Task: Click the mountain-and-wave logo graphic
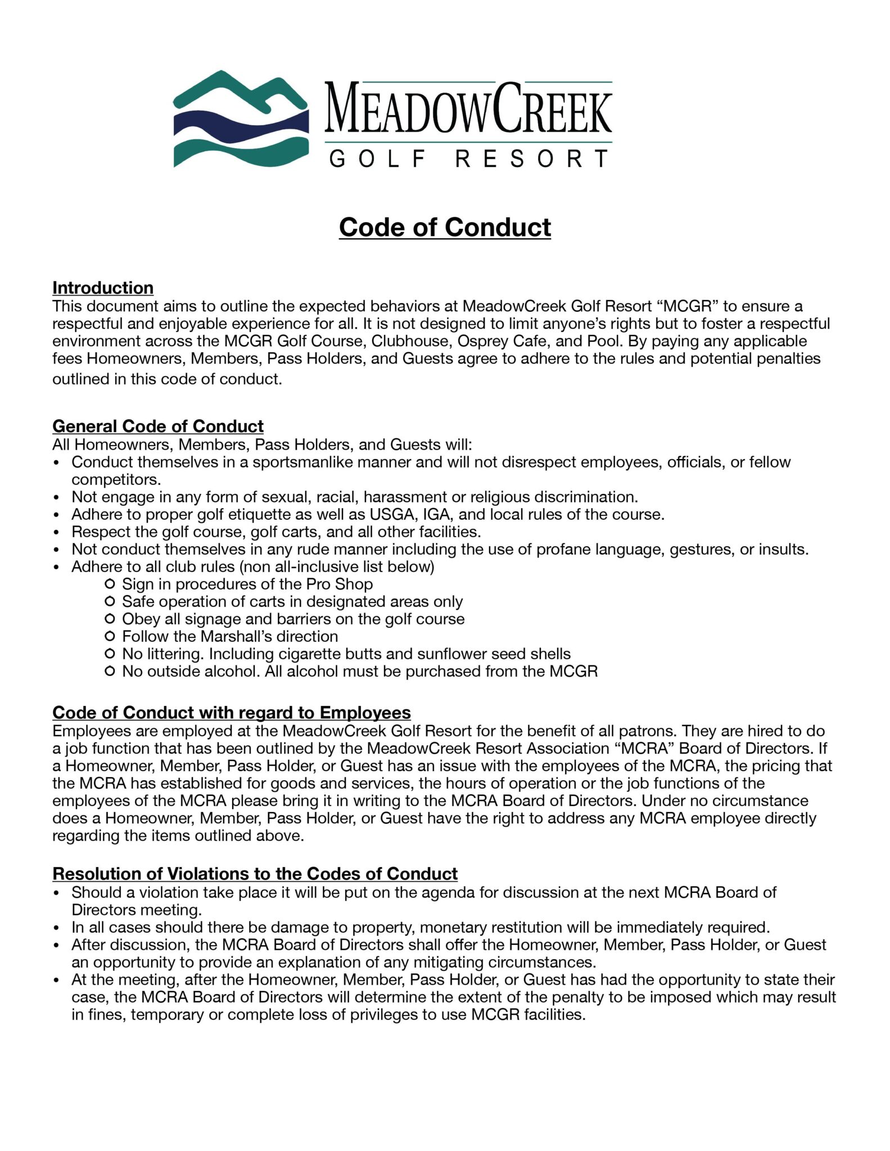[241, 119]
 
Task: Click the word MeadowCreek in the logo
[468, 108]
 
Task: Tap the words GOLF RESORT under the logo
[468, 159]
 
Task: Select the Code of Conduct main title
[445, 228]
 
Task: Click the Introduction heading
[103, 288]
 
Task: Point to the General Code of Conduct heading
[158, 426]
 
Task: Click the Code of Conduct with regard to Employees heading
[231, 713]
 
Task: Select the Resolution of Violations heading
[255, 874]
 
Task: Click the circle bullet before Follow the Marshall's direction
[110, 636]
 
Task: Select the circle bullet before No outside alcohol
[110, 671]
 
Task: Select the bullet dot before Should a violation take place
[56, 893]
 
